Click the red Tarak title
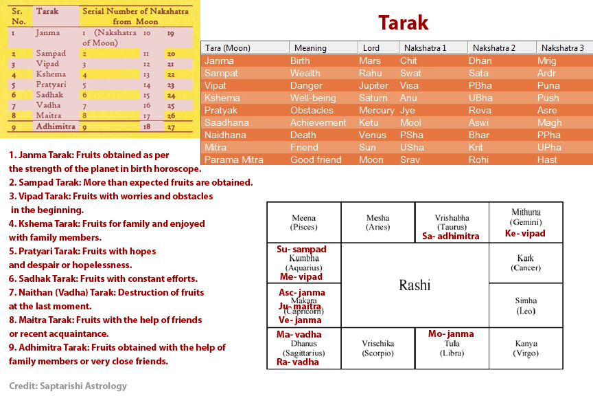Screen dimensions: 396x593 (x=403, y=23)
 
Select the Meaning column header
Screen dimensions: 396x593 (x=310, y=48)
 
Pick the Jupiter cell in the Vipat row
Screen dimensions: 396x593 (x=373, y=86)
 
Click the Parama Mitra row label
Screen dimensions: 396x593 (x=234, y=159)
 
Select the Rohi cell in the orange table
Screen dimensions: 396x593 (x=480, y=159)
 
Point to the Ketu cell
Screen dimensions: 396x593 (x=369, y=122)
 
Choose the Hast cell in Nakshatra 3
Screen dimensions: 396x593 (x=547, y=159)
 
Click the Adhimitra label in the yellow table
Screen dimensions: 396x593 (x=56, y=127)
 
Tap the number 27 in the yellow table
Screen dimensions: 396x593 (x=171, y=127)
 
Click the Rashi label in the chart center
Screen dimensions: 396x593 (x=415, y=285)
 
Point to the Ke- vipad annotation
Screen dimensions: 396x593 (x=525, y=233)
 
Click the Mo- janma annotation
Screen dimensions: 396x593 (x=451, y=334)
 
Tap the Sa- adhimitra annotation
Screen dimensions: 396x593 (x=451, y=236)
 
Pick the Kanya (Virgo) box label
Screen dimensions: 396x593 (x=526, y=348)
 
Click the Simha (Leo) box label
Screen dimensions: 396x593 (x=526, y=305)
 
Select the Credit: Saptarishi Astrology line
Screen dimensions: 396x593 (x=68, y=386)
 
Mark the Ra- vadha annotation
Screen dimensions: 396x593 (x=297, y=362)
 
